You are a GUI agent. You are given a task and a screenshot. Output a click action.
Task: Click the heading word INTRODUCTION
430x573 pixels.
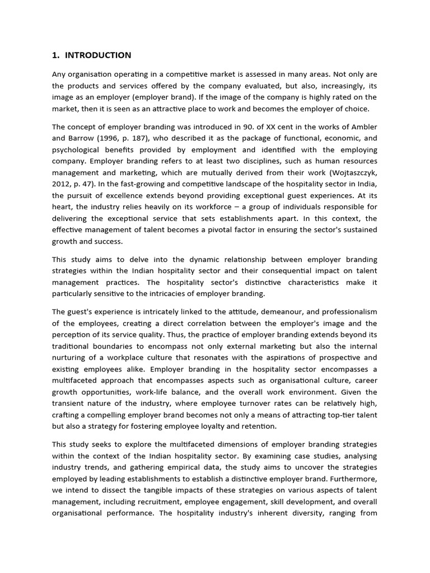tap(98, 55)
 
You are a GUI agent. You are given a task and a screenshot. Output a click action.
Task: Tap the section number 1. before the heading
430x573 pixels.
tap(55, 55)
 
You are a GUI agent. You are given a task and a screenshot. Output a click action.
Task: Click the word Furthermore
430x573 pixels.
tap(354, 478)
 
